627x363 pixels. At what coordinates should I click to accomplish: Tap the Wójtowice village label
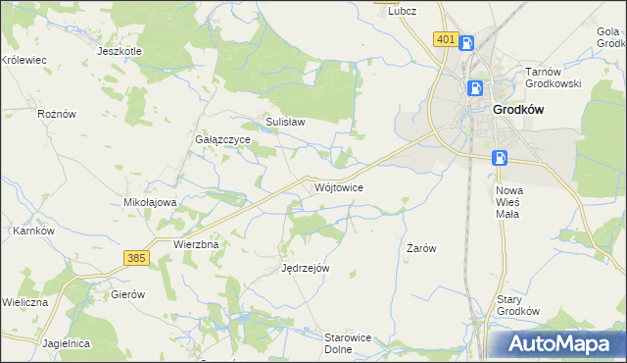(340, 186)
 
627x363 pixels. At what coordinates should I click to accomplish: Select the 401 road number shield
(445, 39)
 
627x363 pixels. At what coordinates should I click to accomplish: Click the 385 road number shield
(136, 257)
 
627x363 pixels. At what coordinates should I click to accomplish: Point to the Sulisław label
(286, 123)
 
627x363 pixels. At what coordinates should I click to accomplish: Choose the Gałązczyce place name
(222, 140)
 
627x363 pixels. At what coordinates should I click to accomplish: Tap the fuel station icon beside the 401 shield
(467, 42)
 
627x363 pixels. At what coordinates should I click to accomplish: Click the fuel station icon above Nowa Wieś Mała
(500, 157)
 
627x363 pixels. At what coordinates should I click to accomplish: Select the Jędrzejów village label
(306, 267)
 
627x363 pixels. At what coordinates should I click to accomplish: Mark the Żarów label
(421, 249)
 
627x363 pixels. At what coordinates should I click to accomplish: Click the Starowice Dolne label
(347, 342)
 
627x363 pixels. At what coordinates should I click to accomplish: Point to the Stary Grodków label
(518, 304)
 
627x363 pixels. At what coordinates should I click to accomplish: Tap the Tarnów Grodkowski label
(554, 78)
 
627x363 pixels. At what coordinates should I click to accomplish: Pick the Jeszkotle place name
(121, 50)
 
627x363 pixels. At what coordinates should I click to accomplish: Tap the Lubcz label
(403, 11)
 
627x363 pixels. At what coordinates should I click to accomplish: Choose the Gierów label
(128, 294)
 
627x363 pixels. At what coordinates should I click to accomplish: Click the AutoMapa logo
(560, 344)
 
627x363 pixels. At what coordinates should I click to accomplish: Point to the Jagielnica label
(67, 343)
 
